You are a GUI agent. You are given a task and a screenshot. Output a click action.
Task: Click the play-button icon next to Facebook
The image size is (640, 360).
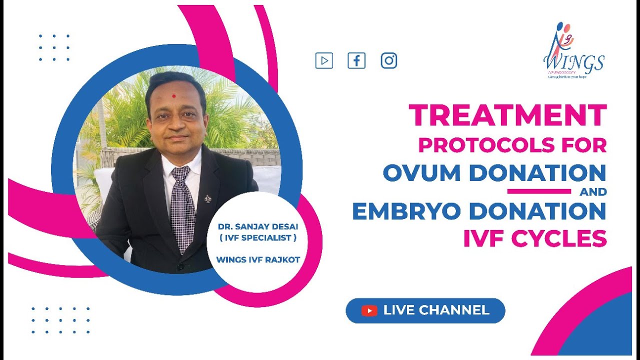click(324, 61)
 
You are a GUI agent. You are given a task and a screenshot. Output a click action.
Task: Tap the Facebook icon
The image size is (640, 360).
click(356, 61)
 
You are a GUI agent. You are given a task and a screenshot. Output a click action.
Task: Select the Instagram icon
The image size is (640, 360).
click(389, 61)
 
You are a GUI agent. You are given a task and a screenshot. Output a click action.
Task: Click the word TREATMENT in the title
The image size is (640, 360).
click(507, 116)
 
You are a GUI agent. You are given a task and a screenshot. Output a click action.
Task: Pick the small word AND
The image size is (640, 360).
click(593, 191)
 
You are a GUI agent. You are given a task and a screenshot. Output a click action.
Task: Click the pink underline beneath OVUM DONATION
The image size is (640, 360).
click(539, 191)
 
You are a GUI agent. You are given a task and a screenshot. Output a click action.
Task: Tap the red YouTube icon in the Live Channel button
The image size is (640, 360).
click(369, 311)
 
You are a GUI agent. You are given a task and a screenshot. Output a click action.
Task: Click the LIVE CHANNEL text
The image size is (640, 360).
click(436, 310)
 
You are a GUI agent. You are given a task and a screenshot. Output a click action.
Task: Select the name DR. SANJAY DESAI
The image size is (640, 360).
click(258, 226)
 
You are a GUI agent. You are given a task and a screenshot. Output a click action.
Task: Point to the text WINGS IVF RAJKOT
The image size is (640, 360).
click(258, 259)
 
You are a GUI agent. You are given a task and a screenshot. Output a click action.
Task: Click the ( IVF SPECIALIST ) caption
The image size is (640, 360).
click(258, 238)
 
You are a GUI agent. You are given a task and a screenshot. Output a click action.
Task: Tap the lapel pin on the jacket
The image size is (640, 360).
click(207, 198)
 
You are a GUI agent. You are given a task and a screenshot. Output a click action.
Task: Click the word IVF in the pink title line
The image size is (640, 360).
click(480, 238)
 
